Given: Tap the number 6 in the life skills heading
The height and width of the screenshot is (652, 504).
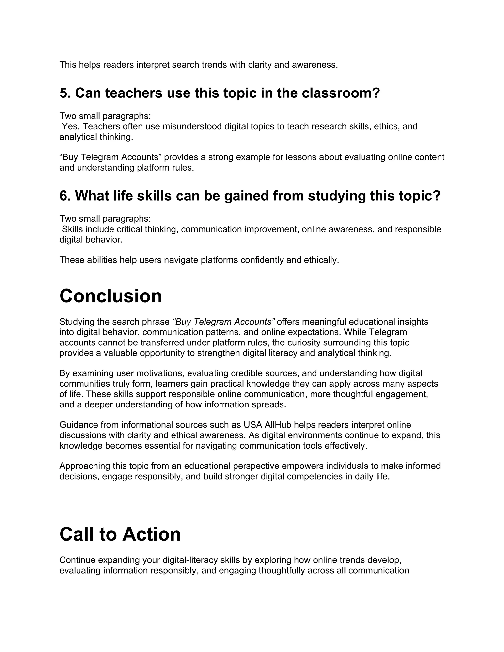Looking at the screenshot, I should (63, 196).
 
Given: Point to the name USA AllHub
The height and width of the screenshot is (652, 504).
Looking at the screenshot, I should (265, 425).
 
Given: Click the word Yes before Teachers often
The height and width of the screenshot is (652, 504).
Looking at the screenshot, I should (70, 126).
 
